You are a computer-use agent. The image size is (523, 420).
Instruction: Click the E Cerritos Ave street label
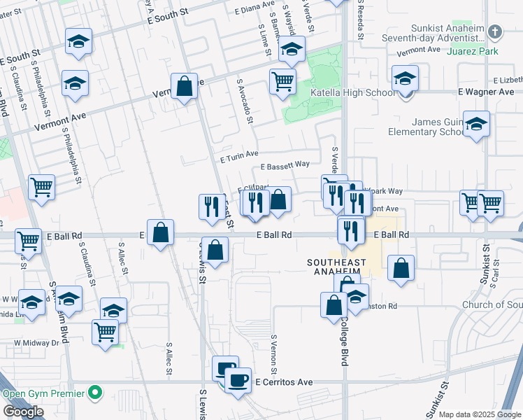283,383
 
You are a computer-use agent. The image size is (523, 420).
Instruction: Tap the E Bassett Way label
285,166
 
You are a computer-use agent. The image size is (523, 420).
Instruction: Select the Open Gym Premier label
45,393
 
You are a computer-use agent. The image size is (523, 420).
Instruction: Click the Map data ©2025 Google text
480,414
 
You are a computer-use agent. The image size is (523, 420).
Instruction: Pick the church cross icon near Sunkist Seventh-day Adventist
495,31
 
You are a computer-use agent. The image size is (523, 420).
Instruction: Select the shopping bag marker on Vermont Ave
184,87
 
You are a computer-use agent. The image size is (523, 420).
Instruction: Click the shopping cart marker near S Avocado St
282,80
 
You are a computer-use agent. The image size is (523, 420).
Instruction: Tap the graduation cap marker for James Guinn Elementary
476,124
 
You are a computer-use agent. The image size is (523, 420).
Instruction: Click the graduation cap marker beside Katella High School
405,78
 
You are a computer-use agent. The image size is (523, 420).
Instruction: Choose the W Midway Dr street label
37,343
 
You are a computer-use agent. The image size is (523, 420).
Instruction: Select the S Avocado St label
245,101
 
